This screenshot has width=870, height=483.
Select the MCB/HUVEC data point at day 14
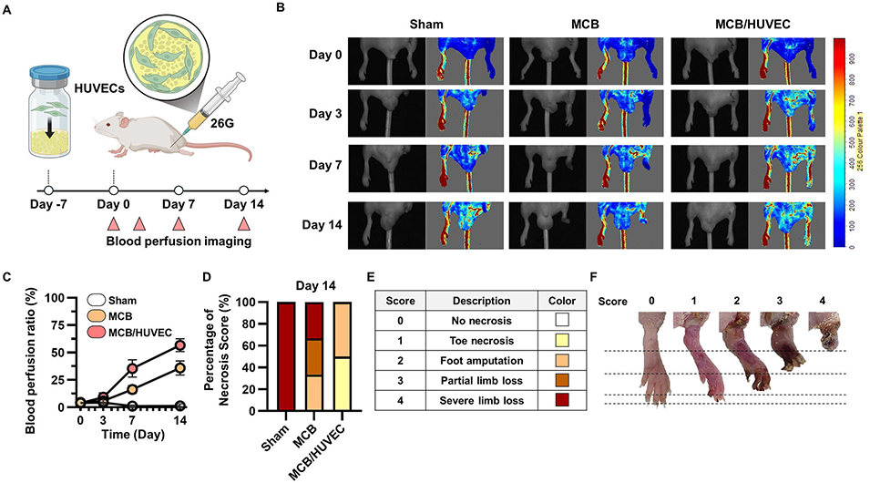(x=180, y=345)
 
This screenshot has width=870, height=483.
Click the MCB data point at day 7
(x=132, y=389)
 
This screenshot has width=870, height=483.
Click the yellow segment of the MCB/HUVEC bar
(x=342, y=382)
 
